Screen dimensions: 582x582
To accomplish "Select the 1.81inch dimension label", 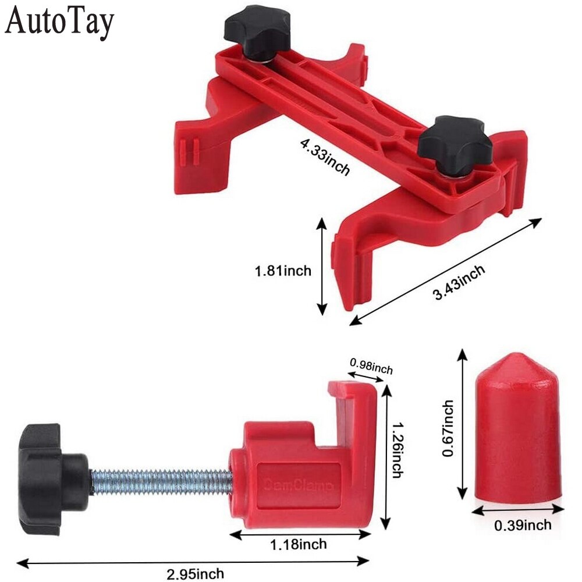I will pyautogui.click(x=283, y=270).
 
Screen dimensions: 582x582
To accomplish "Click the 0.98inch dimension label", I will pyautogui.click(x=371, y=367).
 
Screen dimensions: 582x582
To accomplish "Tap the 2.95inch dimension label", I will pyautogui.click(x=194, y=574).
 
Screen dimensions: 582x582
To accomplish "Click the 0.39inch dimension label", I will pyautogui.click(x=522, y=525).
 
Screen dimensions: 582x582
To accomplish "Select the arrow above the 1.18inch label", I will pyautogui.click(x=300, y=534).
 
